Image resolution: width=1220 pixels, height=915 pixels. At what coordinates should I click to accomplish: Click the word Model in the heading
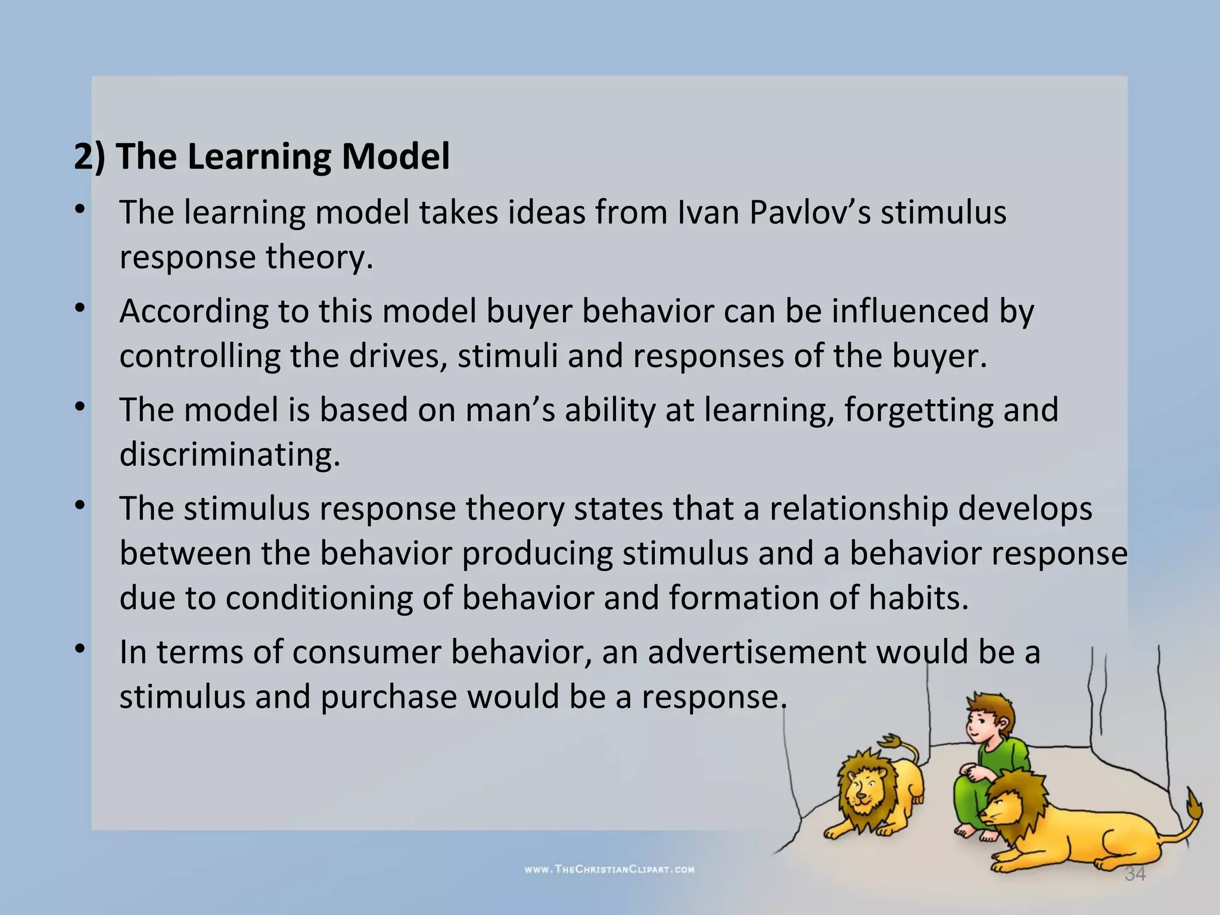coord(395,157)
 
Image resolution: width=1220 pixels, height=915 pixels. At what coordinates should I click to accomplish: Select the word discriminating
coord(230,455)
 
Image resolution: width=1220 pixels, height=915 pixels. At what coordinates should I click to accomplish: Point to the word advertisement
coord(757,652)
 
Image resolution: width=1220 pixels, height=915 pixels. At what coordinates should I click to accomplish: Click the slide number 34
coord(1135,874)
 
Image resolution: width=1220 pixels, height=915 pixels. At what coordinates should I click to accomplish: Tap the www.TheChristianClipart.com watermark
coord(609,869)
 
